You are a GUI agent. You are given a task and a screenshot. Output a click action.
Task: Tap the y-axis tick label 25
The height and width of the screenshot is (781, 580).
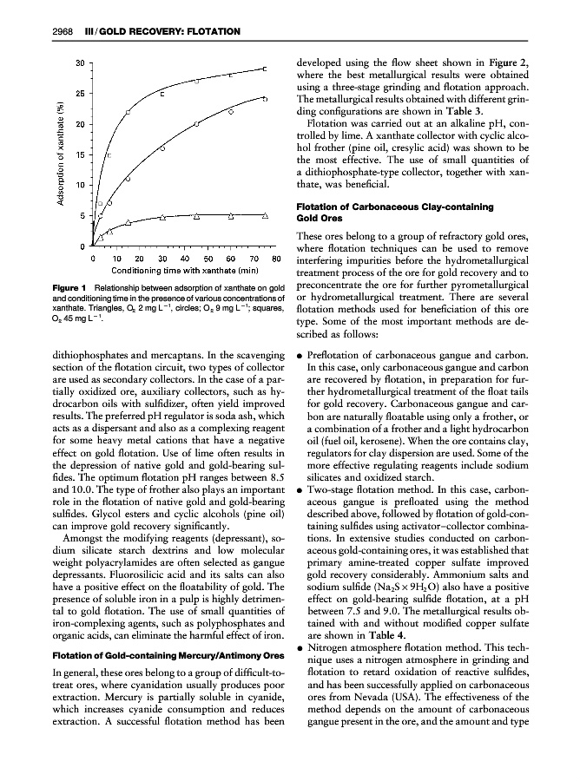(81, 93)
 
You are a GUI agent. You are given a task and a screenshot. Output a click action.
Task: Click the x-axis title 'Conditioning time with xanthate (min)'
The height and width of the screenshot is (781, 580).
(184, 272)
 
